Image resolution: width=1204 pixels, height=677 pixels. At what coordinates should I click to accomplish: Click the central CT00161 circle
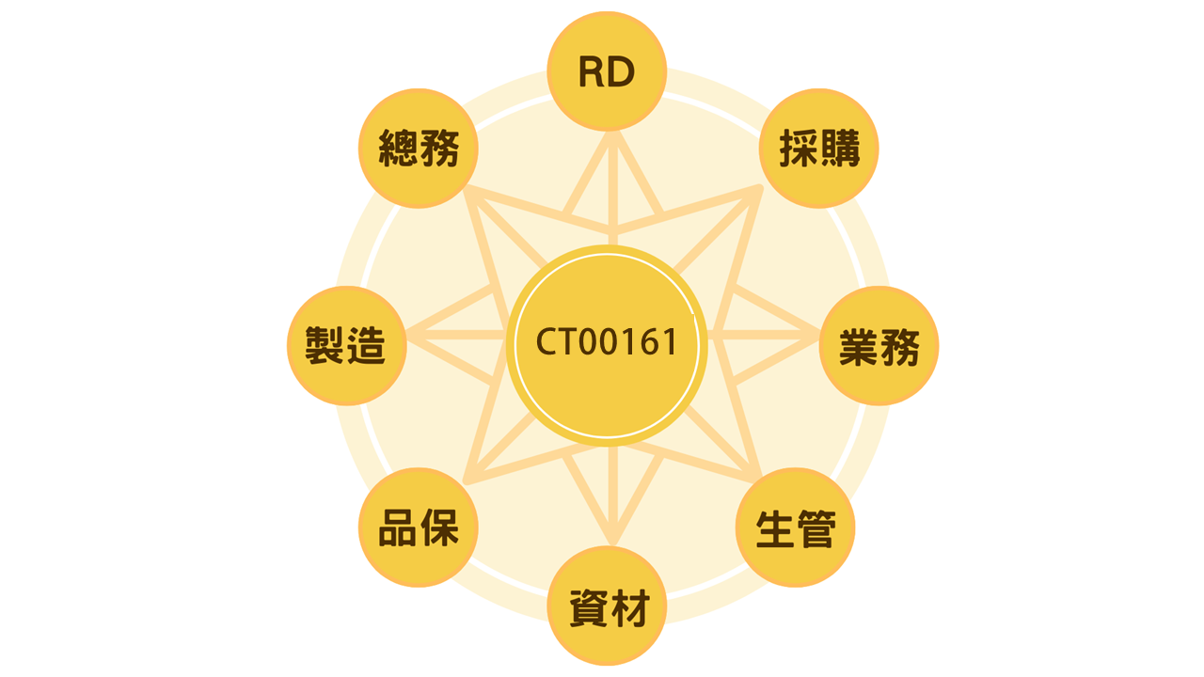[x=607, y=342]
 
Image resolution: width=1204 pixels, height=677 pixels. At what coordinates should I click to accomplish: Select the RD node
[x=607, y=71]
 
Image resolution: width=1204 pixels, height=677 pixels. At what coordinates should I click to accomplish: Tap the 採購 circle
[x=818, y=149]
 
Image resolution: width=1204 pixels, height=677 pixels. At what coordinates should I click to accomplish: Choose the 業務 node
[x=879, y=346]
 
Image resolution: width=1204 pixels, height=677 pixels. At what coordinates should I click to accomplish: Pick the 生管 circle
[x=795, y=528]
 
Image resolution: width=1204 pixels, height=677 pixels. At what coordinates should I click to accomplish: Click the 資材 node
[x=607, y=606]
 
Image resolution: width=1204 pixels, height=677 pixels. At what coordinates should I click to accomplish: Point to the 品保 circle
[x=419, y=528]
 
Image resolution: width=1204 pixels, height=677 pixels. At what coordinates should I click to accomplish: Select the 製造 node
[x=346, y=346]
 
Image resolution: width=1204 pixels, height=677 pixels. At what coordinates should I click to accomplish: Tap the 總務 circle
[x=419, y=149]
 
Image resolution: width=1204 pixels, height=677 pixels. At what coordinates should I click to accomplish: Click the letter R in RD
[x=592, y=72]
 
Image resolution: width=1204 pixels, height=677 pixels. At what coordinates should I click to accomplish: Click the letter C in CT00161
[x=546, y=342]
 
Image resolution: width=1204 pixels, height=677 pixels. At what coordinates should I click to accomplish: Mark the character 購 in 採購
[x=839, y=149]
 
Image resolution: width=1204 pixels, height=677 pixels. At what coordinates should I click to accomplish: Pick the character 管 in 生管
[x=816, y=529]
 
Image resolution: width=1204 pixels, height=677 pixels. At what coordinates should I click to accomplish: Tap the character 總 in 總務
[x=398, y=149]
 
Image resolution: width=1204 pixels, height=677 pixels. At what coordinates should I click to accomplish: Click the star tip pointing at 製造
[x=410, y=334]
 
